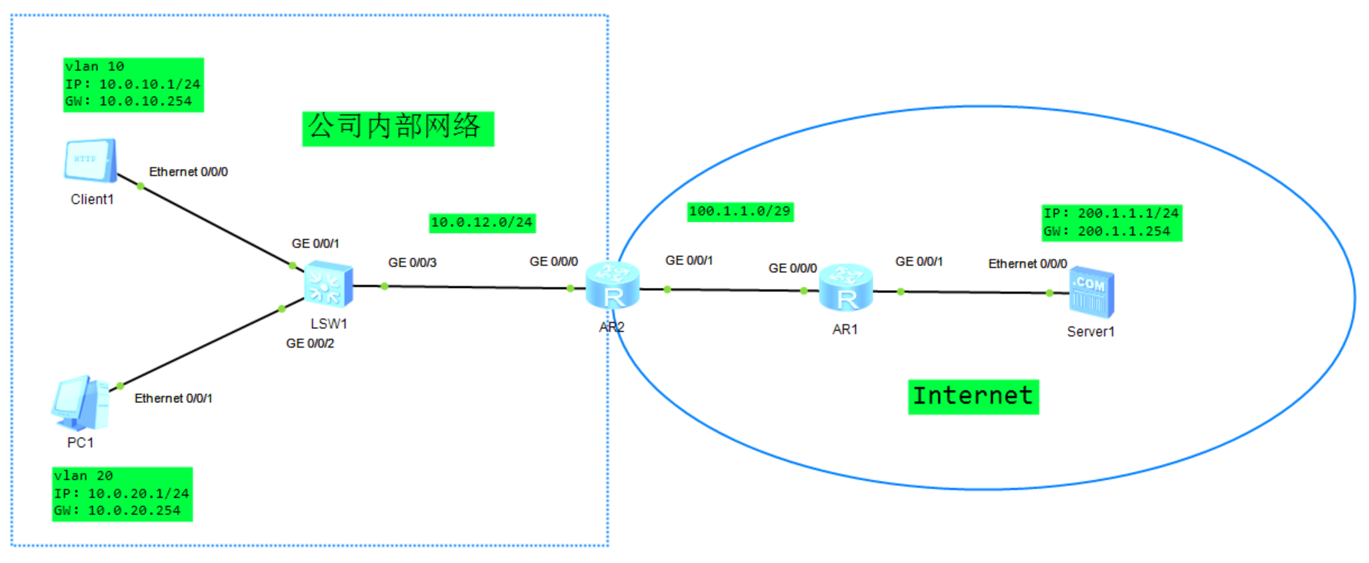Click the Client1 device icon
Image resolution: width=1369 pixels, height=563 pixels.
pos(91,160)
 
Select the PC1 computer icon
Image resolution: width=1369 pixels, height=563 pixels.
pos(81,404)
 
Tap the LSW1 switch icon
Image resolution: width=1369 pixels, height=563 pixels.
pos(328,285)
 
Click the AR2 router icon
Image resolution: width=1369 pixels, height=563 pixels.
pos(613,286)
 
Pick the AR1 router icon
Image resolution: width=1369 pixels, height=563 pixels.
pos(846,288)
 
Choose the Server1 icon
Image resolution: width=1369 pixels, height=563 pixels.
pos(1091,292)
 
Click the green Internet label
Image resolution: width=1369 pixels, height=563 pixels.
pos(973,396)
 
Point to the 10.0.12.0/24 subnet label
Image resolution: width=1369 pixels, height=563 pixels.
pos(482,223)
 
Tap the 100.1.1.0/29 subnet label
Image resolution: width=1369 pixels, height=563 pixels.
pos(740,212)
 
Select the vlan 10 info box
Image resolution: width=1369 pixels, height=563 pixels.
pos(133,84)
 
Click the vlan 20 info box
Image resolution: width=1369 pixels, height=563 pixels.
pos(122,493)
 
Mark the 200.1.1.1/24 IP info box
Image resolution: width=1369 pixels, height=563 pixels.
pos(1112,223)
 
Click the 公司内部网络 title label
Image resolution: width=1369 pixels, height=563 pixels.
pos(397,128)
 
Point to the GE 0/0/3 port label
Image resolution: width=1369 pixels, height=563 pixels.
pos(412,263)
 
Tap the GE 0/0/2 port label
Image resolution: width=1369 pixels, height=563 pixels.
pos(310,344)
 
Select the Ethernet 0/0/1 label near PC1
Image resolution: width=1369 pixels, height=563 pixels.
pos(174,399)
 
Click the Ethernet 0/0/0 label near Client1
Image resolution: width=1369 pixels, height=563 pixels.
pos(189,172)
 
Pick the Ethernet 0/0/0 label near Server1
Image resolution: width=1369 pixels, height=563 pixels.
pos(1027,264)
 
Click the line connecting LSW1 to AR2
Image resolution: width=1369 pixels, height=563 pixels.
pos(479,287)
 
